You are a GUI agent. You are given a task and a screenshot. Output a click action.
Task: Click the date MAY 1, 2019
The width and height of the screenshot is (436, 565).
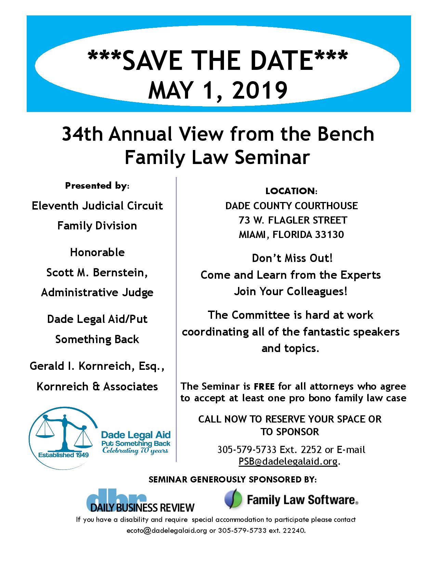click(217, 90)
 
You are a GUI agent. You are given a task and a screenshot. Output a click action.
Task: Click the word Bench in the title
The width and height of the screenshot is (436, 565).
click(346, 134)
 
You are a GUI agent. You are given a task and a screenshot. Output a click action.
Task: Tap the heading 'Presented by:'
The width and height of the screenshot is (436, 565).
click(97, 186)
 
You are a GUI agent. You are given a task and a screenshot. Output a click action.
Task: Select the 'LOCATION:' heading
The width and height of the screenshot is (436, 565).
click(291, 191)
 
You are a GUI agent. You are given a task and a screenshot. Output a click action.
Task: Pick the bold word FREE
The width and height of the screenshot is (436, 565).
click(264, 387)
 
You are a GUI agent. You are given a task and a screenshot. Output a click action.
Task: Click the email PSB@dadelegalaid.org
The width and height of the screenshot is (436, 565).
click(288, 461)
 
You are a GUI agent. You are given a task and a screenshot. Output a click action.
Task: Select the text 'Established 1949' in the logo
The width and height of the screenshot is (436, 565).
click(63, 455)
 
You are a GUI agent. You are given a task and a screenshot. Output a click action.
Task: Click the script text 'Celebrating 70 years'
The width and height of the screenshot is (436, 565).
click(135, 450)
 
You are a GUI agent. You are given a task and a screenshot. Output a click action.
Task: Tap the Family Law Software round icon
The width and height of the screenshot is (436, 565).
click(233, 499)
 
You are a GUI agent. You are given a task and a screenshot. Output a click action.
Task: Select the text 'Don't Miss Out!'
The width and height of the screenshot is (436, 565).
click(292, 258)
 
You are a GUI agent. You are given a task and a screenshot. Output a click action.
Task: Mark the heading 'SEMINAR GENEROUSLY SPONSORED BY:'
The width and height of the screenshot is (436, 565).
click(233, 480)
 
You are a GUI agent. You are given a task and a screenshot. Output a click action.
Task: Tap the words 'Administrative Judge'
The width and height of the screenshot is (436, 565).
click(97, 292)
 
